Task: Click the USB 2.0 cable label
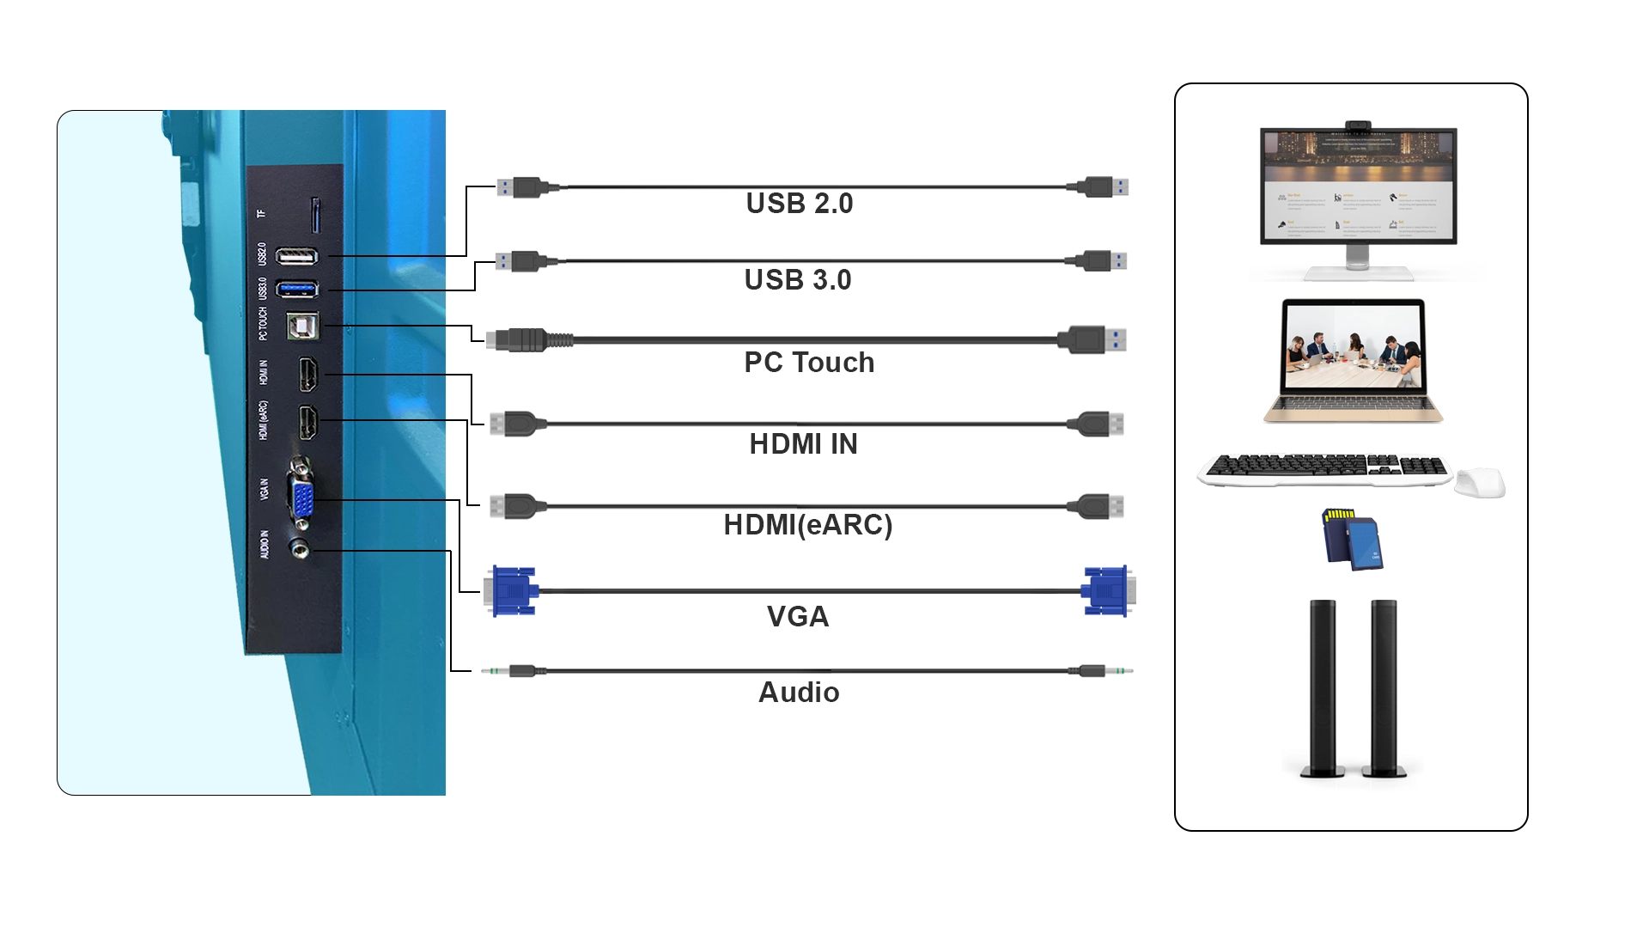[x=799, y=204]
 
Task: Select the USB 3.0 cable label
[x=798, y=280]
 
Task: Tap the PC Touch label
[x=809, y=363]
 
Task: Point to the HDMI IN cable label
[x=803, y=444]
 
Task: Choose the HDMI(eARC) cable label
[x=807, y=525]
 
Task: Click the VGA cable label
[x=798, y=617]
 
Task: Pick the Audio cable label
[x=799, y=693]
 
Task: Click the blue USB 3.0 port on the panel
[x=297, y=289]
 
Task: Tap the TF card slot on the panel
[x=315, y=215]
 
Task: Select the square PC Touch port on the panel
[x=301, y=326]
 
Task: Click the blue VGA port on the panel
[x=302, y=500]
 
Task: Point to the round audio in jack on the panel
[x=300, y=547]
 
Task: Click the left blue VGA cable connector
[x=512, y=591]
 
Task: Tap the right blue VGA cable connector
[x=1107, y=591]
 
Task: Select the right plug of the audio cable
[x=1103, y=670]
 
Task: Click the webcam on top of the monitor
[x=1357, y=125]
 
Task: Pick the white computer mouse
[x=1479, y=482]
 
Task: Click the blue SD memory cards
[x=1352, y=540]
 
